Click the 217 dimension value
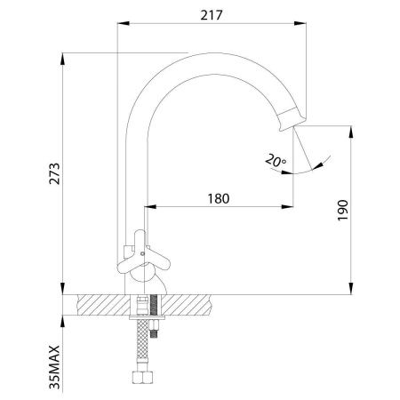pos(212,15)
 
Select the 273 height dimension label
pos(54,174)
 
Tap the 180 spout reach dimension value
pos(219,199)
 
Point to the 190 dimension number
pos(343,210)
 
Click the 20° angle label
pos(276,160)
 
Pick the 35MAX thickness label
pos(54,367)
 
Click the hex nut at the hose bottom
pos(142,378)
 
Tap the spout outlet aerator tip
pos(292,119)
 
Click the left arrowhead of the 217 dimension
pos(124,23)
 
